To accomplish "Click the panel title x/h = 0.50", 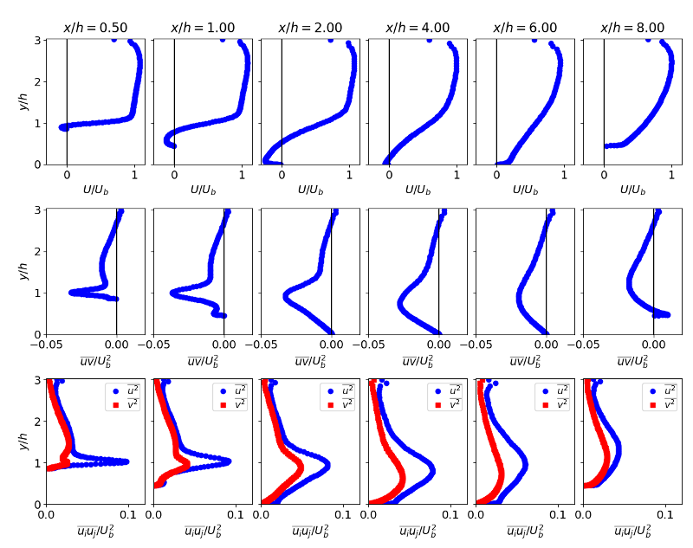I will [x=95, y=28].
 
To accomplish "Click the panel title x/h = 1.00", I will [x=203, y=28].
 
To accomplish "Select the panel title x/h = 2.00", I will [x=310, y=28].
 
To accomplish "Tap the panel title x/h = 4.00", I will [x=418, y=28].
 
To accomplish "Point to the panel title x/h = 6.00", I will [x=525, y=28].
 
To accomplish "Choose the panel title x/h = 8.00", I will [x=632, y=28].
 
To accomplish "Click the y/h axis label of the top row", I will [x=23, y=101].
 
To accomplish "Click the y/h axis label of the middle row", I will [x=23, y=272].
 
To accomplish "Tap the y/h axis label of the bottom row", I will [x=23, y=442].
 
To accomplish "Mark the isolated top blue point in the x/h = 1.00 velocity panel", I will [x=223, y=40].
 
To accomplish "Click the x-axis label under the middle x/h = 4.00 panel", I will [x=418, y=360].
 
